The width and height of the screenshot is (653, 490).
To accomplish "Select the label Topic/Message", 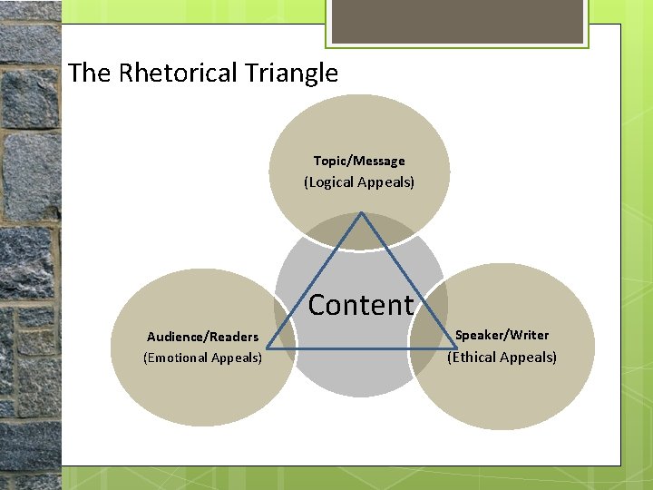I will point(359,161).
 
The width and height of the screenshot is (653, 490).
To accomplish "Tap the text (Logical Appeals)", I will point(359,182).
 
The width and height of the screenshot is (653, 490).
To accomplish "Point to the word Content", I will point(361,305).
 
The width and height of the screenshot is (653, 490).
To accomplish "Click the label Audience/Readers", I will point(202,337).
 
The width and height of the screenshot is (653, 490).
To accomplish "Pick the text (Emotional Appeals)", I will point(202,358).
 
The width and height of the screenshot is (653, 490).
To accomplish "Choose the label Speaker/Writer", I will point(502,335).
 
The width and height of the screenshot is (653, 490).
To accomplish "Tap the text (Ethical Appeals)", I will point(502,357).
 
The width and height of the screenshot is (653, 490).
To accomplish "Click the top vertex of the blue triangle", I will point(362,213).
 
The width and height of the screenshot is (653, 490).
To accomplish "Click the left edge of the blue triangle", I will point(316,281).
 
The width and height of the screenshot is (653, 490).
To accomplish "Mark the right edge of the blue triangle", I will point(408,281).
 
